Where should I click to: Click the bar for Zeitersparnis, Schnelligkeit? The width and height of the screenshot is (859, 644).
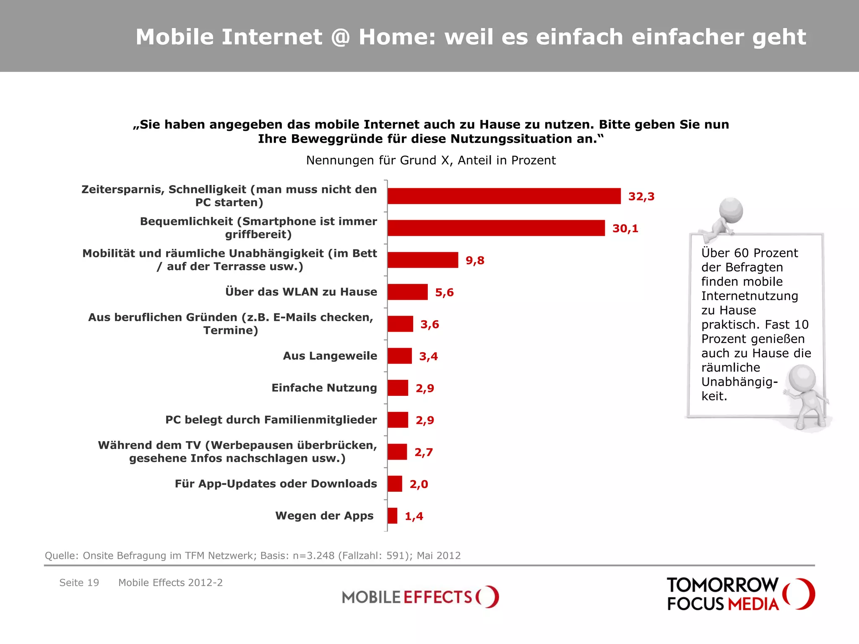[503, 196]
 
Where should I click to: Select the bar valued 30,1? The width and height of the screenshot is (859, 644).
[496, 228]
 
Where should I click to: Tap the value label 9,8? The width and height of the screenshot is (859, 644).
[475, 260]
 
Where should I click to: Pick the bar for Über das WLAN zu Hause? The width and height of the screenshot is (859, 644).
[407, 292]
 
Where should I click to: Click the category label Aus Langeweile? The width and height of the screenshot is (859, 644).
[330, 356]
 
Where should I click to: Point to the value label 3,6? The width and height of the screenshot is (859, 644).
[429, 325]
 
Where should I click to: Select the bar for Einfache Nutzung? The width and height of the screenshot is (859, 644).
[398, 388]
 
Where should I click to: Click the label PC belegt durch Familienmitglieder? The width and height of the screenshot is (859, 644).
[271, 420]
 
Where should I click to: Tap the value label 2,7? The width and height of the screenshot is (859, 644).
[424, 452]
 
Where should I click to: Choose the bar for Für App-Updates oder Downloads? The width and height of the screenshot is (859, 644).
[395, 484]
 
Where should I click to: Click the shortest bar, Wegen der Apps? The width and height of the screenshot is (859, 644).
[392, 516]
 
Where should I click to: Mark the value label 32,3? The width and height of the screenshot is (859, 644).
[641, 197]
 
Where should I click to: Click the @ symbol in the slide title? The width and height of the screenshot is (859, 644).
[340, 37]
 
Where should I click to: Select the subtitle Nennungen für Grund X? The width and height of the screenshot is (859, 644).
[431, 161]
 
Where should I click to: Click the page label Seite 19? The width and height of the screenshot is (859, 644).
[79, 583]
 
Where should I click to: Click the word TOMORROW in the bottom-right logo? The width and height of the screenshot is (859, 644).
[722, 585]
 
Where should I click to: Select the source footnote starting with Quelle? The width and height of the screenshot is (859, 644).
[252, 556]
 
